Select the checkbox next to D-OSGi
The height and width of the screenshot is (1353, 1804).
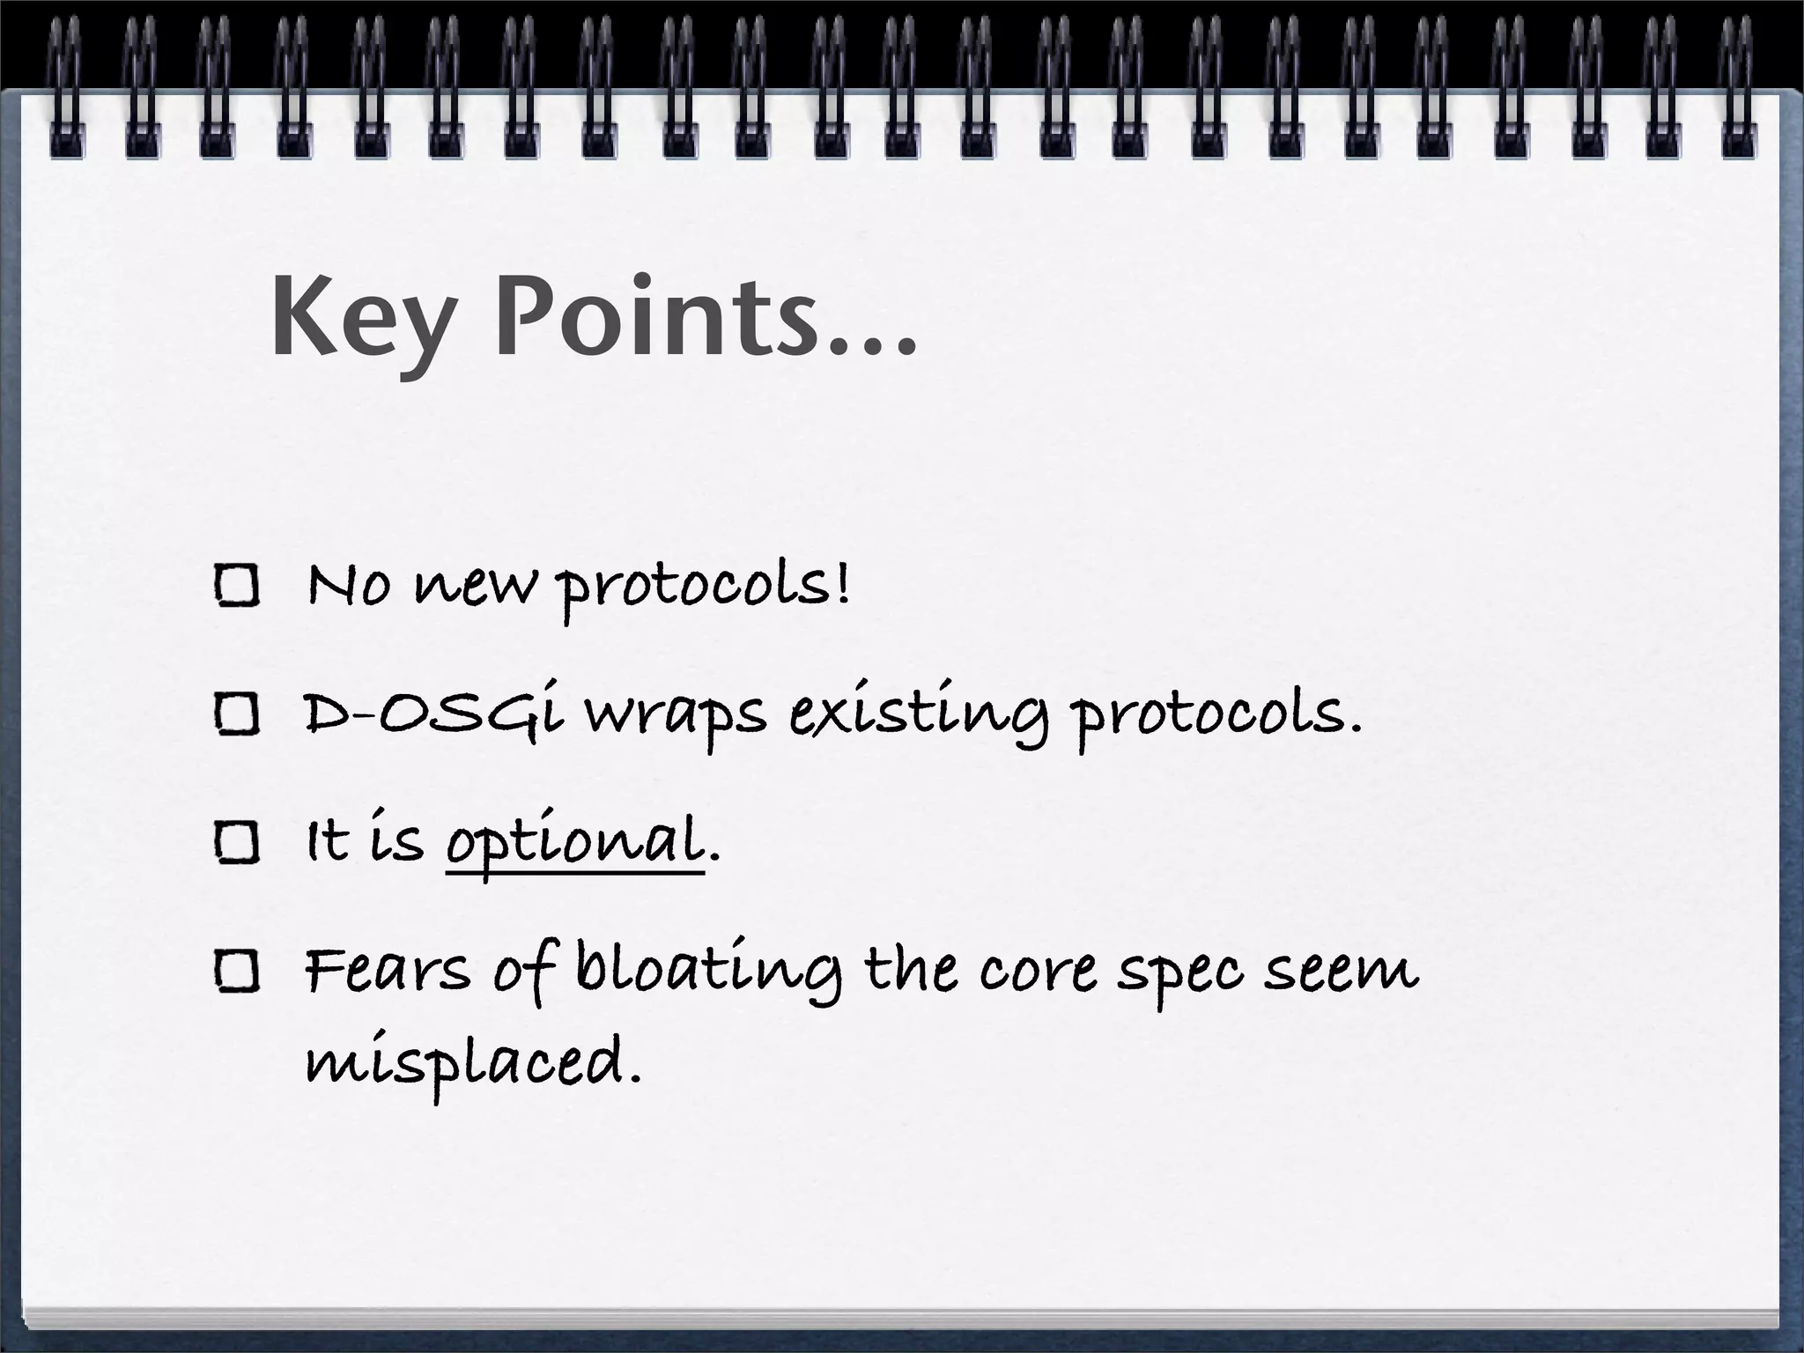pos(236,713)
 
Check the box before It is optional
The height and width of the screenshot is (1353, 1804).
pos(236,842)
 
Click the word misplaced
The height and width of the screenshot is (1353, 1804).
pos(471,1062)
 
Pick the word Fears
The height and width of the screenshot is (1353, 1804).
pos(388,970)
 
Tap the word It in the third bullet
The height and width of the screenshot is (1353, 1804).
pos(328,840)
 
